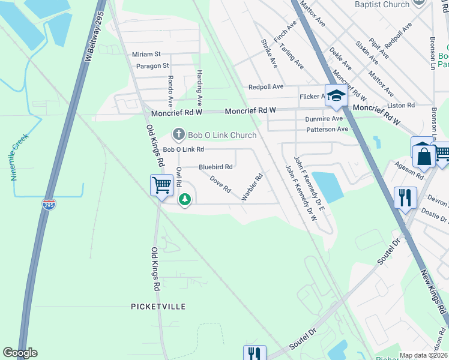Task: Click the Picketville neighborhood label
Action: click(x=158, y=307)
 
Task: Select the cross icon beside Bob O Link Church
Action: click(x=178, y=134)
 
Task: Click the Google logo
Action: click(x=20, y=353)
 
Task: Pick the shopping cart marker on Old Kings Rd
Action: click(x=161, y=185)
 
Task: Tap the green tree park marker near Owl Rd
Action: click(x=185, y=198)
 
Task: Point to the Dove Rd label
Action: click(x=220, y=184)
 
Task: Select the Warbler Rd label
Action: click(x=252, y=188)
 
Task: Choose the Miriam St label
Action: click(x=146, y=54)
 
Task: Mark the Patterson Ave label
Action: click(x=327, y=129)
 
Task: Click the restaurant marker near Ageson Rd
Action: click(x=405, y=197)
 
